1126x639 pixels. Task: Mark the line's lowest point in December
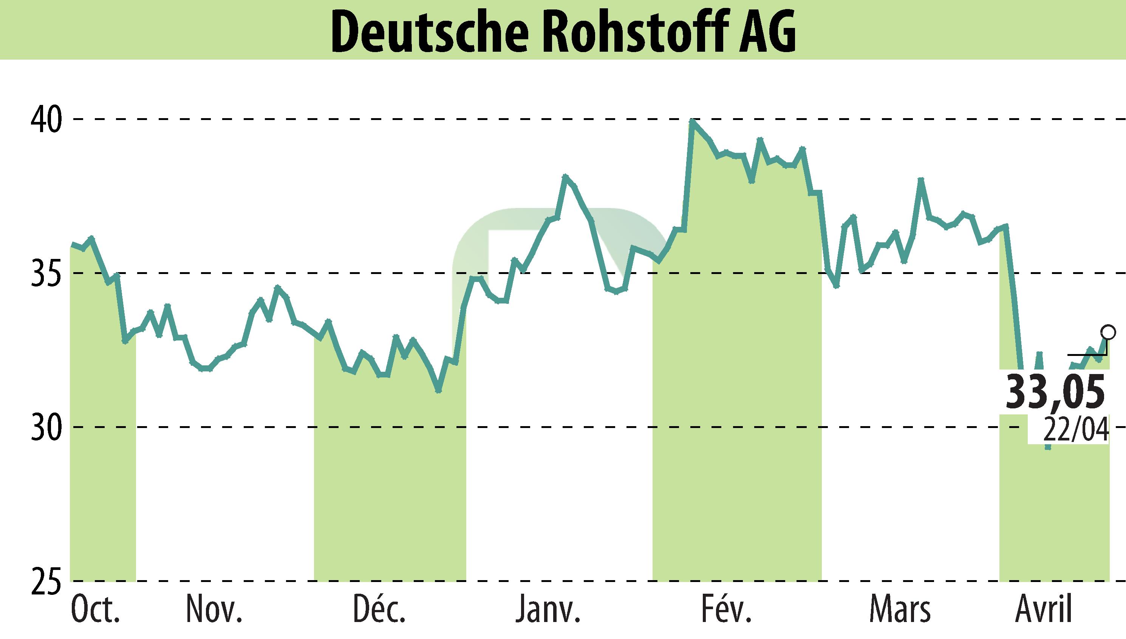click(438, 390)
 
